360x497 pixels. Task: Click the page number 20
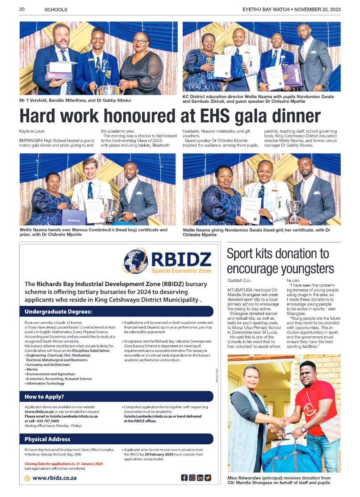coord(21,9)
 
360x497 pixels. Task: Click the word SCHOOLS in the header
coord(56,9)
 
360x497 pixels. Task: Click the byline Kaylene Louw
coord(32,131)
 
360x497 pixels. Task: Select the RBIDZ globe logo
coord(135,261)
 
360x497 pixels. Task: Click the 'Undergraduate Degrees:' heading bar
coord(117,311)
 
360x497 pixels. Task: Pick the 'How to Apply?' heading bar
coord(117,397)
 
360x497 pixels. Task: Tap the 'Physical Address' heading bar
coord(117,439)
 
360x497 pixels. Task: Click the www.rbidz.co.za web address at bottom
coord(54,477)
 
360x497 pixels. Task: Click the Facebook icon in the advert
coord(184,477)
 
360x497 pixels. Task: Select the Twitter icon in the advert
coord(208,477)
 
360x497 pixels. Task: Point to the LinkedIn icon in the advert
coord(200,477)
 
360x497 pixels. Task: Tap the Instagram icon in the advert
coord(192,477)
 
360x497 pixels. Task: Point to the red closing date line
coord(64,464)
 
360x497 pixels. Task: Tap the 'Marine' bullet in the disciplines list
coord(32,369)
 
